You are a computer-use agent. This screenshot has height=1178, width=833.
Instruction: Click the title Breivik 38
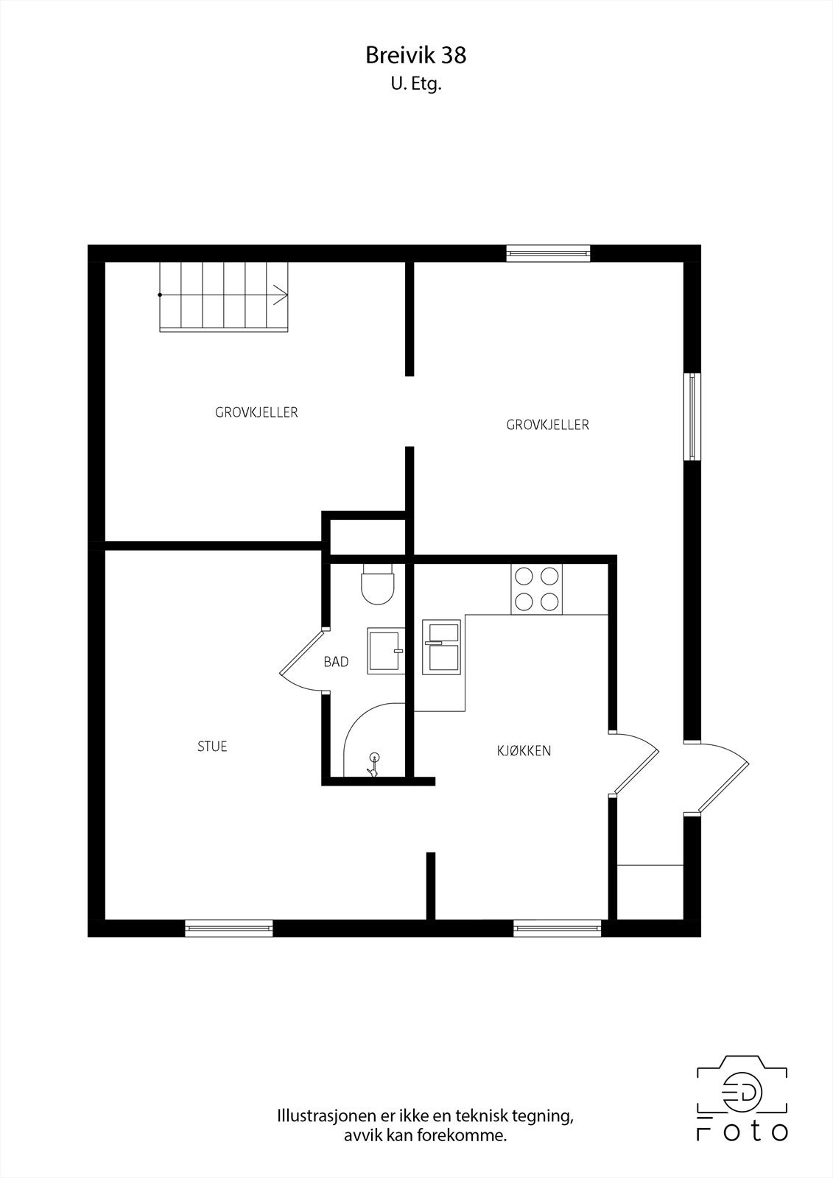(x=416, y=54)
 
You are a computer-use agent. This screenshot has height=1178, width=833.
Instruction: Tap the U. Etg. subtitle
(x=416, y=85)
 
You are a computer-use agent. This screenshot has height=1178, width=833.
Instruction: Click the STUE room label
(x=212, y=747)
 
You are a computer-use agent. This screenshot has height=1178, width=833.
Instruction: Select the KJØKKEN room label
(x=524, y=751)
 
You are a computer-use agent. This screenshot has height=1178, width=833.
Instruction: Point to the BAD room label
(x=336, y=662)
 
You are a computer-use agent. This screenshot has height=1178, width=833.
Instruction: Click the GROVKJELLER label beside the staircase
(x=256, y=412)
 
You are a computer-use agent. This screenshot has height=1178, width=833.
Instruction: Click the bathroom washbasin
(x=385, y=651)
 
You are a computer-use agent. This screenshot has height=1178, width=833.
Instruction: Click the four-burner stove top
(x=536, y=589)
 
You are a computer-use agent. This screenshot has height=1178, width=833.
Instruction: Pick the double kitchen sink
(x=440, y=646)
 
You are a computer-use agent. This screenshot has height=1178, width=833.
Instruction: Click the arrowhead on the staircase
(x=281, y=294)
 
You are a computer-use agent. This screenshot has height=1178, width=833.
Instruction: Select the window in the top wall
(x=548, y=253)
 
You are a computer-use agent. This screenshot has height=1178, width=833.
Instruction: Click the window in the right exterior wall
(x=692, y=417)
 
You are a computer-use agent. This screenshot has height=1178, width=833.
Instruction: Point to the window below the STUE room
(x=228, y=928)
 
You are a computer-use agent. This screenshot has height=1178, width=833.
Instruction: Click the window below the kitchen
(x=558, y=928)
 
